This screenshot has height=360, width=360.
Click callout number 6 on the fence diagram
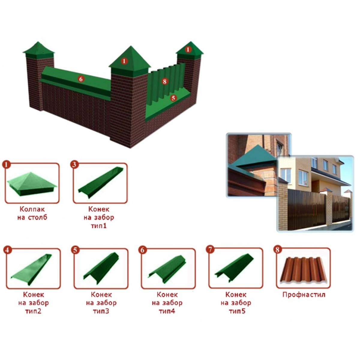click(x=81, y=79)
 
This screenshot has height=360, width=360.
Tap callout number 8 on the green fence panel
click(x=164, y=81)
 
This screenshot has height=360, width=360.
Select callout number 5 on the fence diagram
click(x=173, y=98)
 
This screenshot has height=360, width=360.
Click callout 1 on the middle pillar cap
click(x=124, y=61)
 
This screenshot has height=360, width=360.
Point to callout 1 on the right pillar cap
click(x=188, y=49)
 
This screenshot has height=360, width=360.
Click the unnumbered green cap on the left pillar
click(x=39, y=50)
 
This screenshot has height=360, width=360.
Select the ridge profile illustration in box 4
click(x=31, y=270)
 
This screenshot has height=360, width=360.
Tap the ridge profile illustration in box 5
click(x=101, y=268)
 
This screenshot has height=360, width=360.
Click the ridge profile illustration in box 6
click(x=167, y=268)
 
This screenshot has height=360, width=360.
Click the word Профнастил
click(x=304, y=295)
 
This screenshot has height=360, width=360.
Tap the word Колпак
click(x=32, y=209)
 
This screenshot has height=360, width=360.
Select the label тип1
click(x=99, y=226)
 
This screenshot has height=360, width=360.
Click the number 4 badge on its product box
click(x=7, y=250)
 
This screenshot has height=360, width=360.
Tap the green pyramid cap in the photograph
click(x=254, y=156)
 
